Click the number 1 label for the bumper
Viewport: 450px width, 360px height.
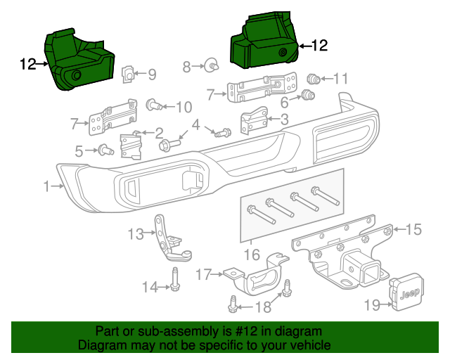click(x=46, y=186)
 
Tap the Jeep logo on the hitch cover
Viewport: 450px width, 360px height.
click(x=408, y=293)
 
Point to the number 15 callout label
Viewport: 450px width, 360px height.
click(x=413, y=229)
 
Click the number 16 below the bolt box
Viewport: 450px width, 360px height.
click(x=251, y=254)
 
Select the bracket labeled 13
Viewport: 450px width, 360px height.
click(x=168, y=239)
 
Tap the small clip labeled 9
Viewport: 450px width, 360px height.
click(x=129, y=72)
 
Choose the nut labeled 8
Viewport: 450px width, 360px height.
click(x=210, y=67)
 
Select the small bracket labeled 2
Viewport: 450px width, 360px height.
click(x=131, y=146)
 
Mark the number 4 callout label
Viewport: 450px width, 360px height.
click(x=196, y=124)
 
